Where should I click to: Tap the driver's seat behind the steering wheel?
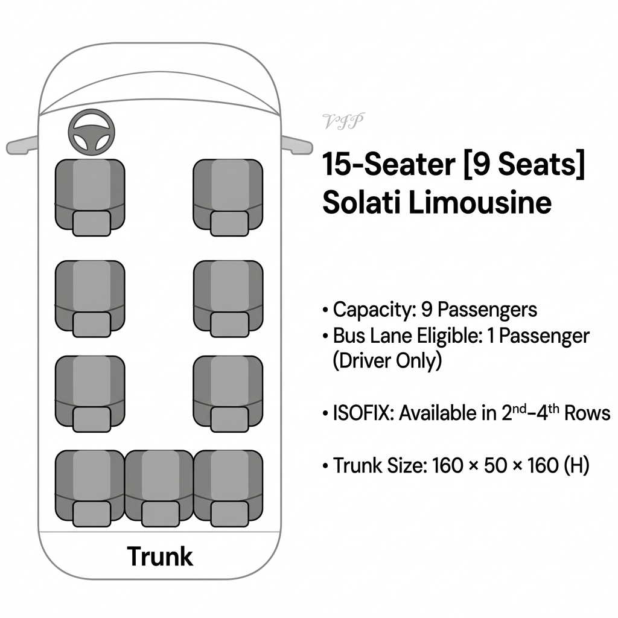pos(90,197)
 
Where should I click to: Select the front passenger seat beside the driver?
pos(228,197)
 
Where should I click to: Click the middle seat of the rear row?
pos(159,488)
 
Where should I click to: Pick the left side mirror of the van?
pos(22,145)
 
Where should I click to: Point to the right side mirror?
pos(297,145)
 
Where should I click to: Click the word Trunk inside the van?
pos(160,556)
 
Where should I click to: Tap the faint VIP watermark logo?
pos(343,121)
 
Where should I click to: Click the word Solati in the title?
pos(362,203)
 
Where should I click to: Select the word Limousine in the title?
pos(480,203)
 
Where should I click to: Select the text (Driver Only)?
pos(387,361)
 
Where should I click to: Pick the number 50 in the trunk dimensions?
pos(495,465)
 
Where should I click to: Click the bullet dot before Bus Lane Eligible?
pos(325,337)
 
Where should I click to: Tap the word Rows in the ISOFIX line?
pos(587,413)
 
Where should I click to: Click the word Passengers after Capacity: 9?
pos(487,310)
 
